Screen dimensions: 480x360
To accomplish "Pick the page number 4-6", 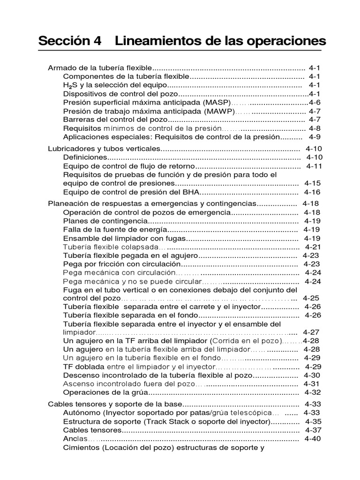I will click(315, 102).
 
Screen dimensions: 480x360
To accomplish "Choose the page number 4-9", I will click(315, 137).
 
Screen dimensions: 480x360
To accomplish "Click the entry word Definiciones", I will click(85, 157).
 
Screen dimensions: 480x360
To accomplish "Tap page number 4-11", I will click(315, 166).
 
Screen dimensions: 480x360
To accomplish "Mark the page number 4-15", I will click(313, 183).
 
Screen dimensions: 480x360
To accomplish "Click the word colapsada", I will click(140, 247).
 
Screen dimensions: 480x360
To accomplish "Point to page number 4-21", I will click(313, 247).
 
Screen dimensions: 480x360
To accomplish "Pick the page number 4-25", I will click(311, 298).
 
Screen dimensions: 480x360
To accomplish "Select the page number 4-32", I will click(313, 392).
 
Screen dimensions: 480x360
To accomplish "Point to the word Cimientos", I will click(81, 447).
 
